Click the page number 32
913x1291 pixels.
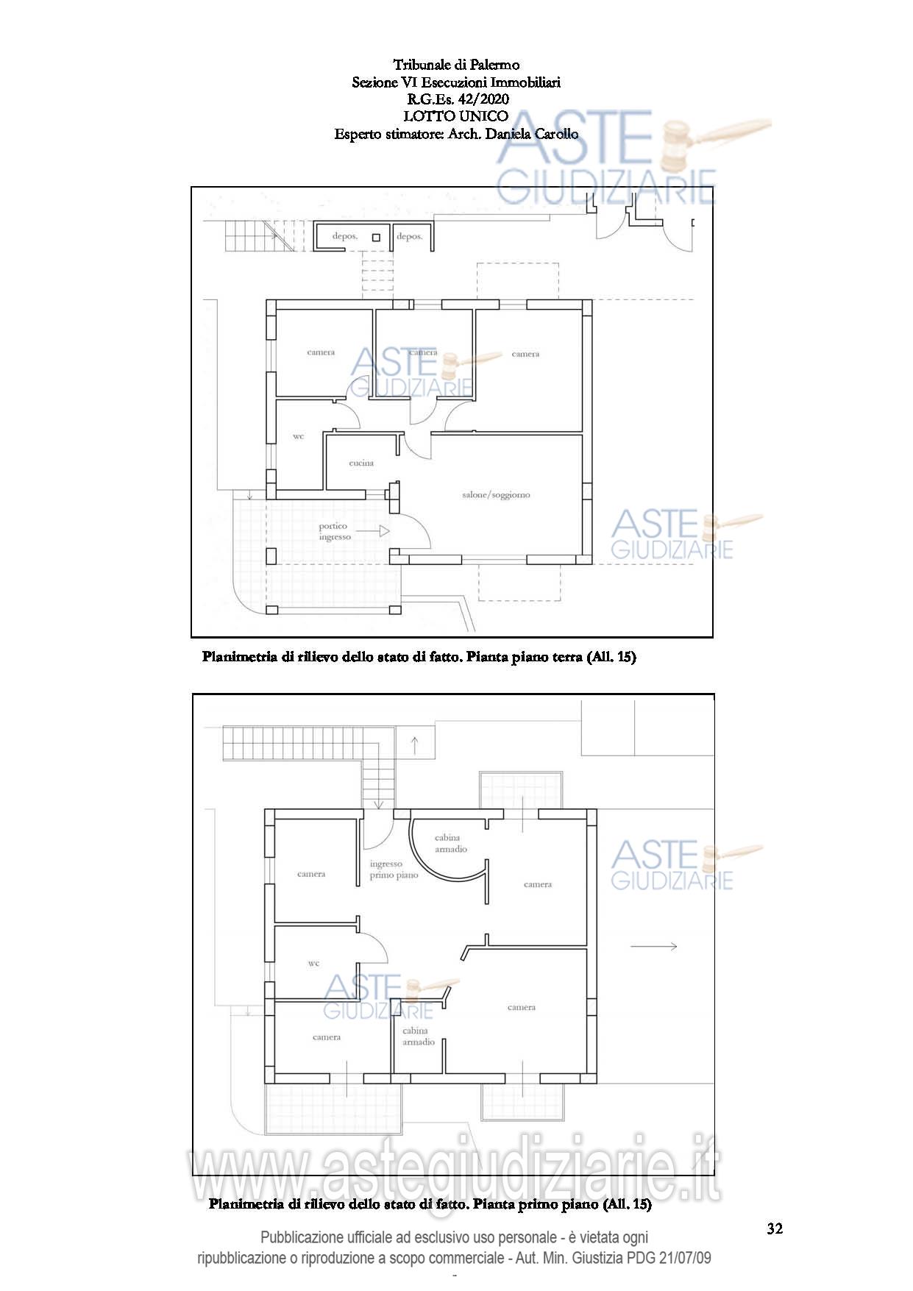pos(775,1228)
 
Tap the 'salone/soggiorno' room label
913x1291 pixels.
pos(496,495)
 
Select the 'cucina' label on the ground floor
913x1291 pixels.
pos(361,463)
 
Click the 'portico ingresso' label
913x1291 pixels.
pos(335,531)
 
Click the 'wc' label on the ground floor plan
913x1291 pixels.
pos(298,436)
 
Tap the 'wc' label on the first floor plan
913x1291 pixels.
pos(314,963)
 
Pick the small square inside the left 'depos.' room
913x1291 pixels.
pos(376,237)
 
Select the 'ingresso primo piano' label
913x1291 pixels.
pos(394,869)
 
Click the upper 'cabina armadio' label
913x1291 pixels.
pos(450,843)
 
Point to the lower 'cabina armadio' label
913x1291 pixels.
pos(418,1036)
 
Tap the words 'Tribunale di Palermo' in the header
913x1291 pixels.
pos(456,65)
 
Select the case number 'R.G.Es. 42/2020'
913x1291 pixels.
pos(456,99)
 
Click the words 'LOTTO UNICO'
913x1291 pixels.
pos(456,115)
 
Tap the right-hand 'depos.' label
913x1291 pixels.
pos(410,236)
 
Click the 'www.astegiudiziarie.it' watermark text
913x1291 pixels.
pos(455,1170)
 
